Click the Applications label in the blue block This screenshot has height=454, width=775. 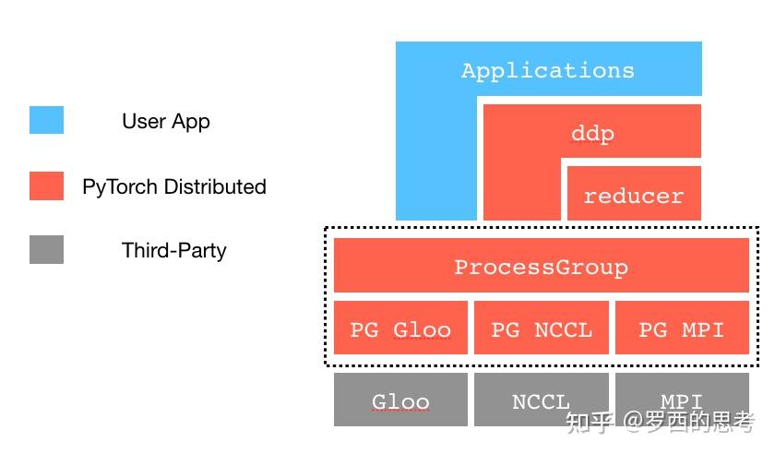tap(548, 70)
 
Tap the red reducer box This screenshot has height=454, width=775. tap(633, 195)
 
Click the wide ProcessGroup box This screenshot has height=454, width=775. tap(541, 267)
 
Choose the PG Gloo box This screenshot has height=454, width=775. tap(400, 329)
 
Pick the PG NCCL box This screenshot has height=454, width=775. tap(541, 329)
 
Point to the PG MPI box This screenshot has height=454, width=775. tap(681, 329)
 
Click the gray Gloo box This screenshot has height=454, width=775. tap(400, 400)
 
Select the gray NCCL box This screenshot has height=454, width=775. tap(541, 400)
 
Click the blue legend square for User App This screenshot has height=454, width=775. tap(46, 121)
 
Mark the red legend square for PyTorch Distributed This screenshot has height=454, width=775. tap(46, 185)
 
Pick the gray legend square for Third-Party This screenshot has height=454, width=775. tap(46, 250)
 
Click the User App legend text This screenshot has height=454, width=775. tap(166, 121)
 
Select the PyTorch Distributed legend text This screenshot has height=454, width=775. tap(174, 186)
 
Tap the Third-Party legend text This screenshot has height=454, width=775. tap(173, 250)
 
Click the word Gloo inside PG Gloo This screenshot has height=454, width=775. tap(423, 329)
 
